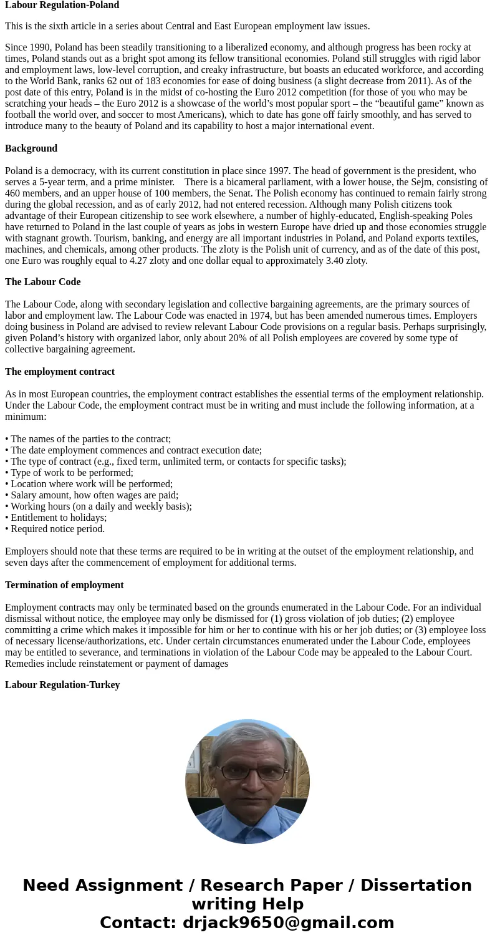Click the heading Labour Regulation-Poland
(x=62, y=5)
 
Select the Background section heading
(x=31, y=148)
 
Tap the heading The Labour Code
(x=42, y=282)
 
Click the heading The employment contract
(x=60, y=372)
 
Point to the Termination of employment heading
(x=64, y=585)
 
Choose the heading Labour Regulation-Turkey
(x=62, y=685)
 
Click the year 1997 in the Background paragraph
(x=279, y=171)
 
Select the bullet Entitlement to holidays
(x=58, y=518)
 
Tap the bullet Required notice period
(x=57, y=529)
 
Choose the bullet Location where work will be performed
(x=91, y=484)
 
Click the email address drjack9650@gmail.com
(x=288, y=923)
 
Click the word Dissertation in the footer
(x=416, y=886)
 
